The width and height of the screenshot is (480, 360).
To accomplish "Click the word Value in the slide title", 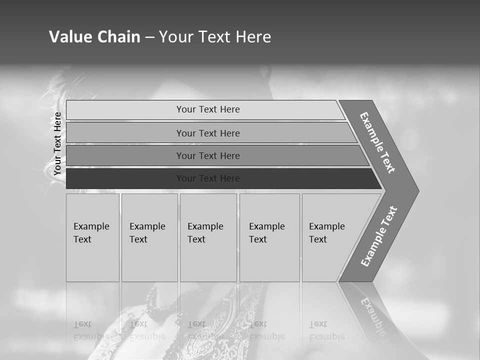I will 69,37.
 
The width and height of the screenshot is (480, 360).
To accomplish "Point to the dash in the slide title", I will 149,37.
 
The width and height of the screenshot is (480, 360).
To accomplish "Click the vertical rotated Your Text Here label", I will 57,144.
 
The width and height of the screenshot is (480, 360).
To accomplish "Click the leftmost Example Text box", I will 92,237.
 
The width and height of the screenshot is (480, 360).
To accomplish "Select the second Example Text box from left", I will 149,237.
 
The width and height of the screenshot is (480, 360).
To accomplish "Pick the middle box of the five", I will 208,237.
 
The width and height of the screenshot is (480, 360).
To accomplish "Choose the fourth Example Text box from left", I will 269,237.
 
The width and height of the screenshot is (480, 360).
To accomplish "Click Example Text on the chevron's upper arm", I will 377,142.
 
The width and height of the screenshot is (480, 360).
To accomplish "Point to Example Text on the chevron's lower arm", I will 379,236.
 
